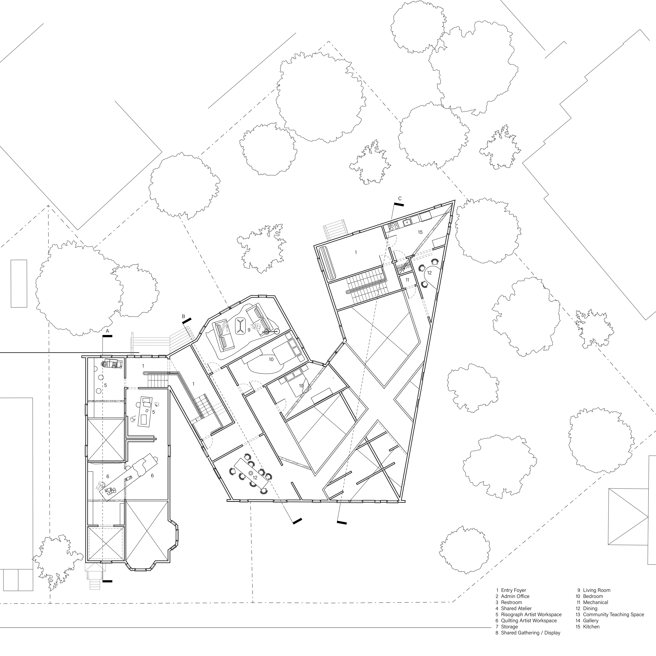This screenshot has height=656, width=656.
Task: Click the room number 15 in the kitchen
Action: tap(420, 232)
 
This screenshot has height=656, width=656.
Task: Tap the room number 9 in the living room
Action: tap(249, 330)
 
